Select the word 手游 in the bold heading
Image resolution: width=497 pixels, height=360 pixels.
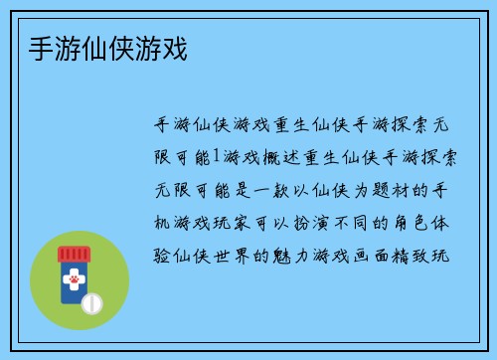point(43,47)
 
